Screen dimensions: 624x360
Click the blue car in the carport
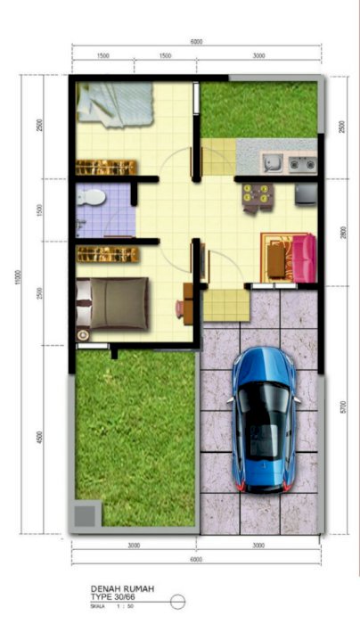click(x=265, y=419)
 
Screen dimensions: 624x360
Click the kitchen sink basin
click(x=272, y=162)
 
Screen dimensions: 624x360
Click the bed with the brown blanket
click(x=112, y=303)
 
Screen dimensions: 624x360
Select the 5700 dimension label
click(x=342, y=409)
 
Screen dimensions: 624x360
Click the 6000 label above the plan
click(x=196, y=42)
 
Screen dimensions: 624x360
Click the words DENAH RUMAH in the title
click(x=117, y=588)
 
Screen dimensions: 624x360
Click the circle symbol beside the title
click(x=177, y=601)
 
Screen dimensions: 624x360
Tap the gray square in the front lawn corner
click(x=86, y=515)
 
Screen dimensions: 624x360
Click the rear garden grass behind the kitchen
click(x=258, y=109)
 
